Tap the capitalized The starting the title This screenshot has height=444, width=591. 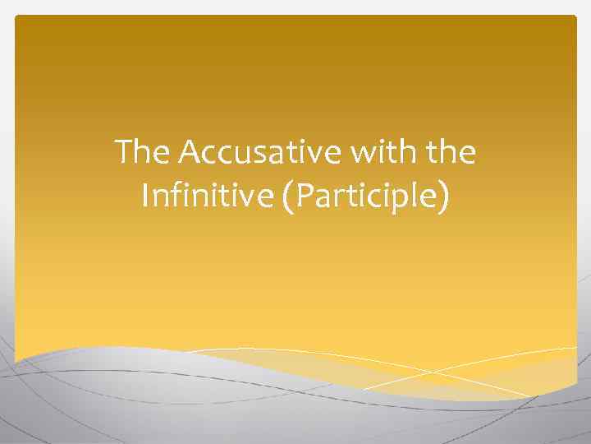point(142,153)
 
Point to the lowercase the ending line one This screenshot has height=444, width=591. point(450,153)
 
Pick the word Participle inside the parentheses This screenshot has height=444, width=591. point(363,198)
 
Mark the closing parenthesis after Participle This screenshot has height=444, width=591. point(443,199)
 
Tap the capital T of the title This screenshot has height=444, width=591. point(124,153)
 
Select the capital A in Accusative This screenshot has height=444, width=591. point(189,153)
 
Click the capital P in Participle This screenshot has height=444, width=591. point(305,197)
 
